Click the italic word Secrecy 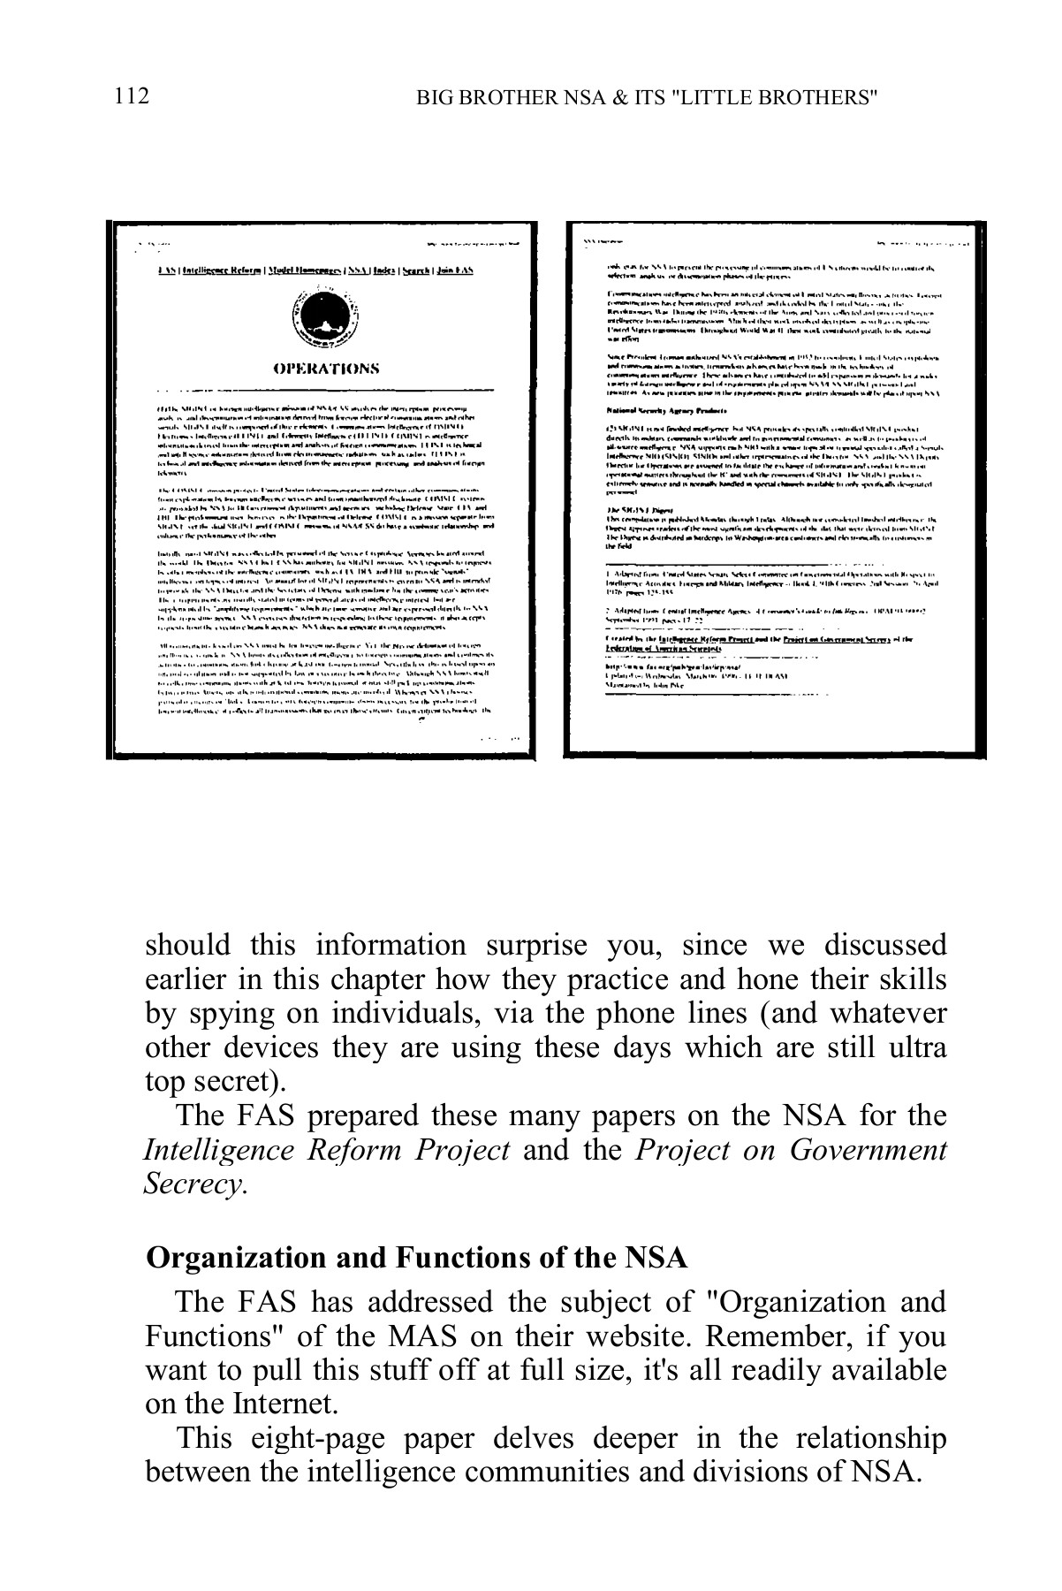[193, 1184]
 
